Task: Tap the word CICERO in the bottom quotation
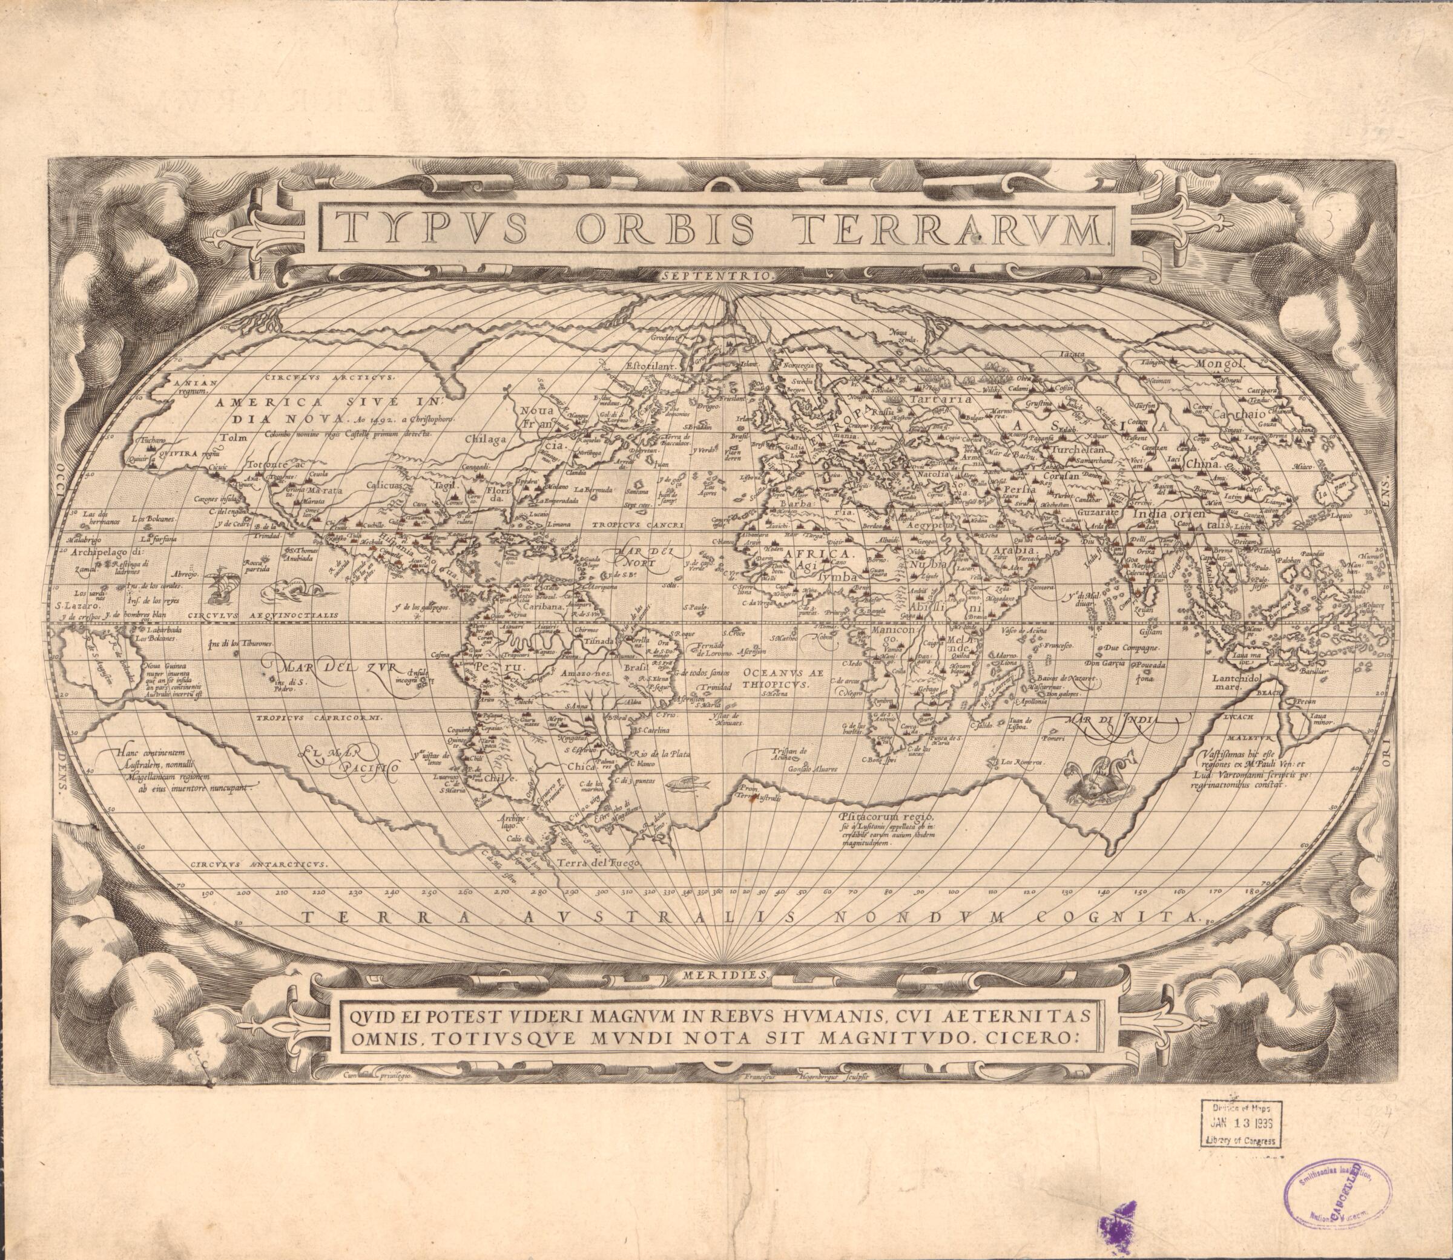[1034, 1038]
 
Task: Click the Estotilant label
[650, 366]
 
